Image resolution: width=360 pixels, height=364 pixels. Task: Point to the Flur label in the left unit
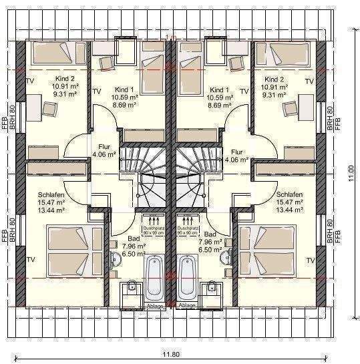[104, 146]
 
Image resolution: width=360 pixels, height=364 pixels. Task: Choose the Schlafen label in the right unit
[289, 194]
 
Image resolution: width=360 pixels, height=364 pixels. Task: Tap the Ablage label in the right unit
[187, 305]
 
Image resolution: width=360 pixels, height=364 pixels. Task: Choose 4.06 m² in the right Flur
[236, 160]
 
